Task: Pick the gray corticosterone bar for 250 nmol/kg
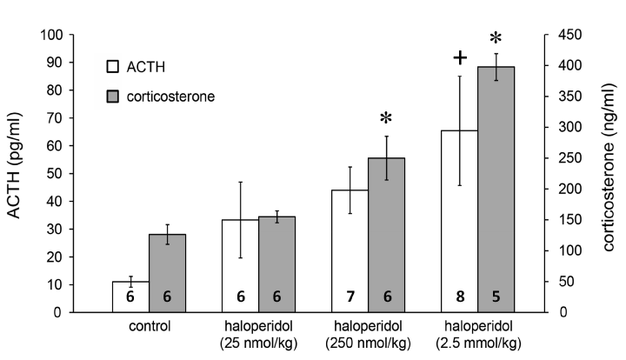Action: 388,235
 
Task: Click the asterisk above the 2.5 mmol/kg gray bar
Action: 496,39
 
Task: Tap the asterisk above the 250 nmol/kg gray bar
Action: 388,118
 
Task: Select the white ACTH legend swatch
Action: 112,66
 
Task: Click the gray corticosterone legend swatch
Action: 112,96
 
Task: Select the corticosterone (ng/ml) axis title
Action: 608,174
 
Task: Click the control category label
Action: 148,328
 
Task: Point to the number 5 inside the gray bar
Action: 497,297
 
